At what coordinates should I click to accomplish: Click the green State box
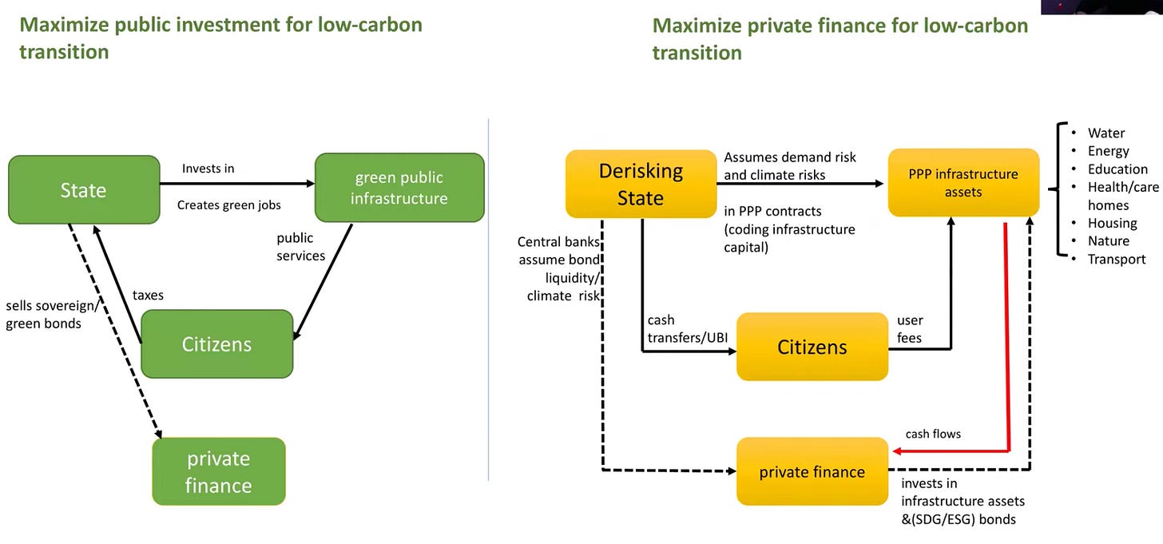coord(84,190)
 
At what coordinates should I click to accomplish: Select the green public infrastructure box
coord(399,188)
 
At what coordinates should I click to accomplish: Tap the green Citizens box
coord(216,344)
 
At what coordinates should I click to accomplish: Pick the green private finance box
coord(218,471)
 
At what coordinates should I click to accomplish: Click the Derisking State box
coord(641,184)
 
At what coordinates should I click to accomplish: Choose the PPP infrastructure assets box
coord(963,183)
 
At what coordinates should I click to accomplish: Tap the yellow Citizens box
coord(812,347)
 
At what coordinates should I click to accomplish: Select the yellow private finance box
coord(812,471)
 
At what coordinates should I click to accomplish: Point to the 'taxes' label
coord(148,295)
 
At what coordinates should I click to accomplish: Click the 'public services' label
coord(300,247)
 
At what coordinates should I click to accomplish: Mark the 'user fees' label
coord(910,329)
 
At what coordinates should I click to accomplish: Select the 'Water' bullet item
coord(1105,133)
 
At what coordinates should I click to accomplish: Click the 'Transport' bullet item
coord(1116,259)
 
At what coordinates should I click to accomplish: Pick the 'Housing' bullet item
coord(1112,223)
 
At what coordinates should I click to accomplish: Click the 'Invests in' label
coord(208,169)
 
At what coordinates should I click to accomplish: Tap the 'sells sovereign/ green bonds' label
coord(51,315)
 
